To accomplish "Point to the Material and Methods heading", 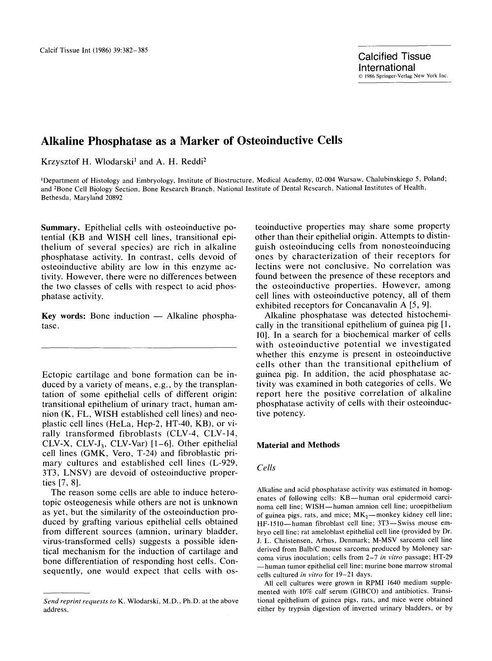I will (x=298, y=445).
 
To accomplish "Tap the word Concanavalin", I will (x=373, y=305).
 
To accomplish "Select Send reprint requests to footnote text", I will (x=80, y=601).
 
